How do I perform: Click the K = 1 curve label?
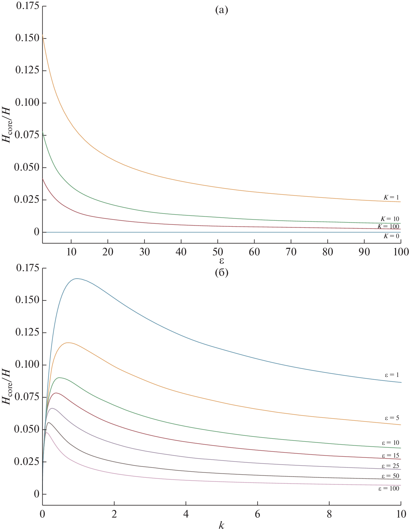click(x=391, y=197)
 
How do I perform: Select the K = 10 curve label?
click(x=390, y=219)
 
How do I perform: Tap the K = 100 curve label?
click(x=388, y=226)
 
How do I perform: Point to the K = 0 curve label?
click(x=391, y=236)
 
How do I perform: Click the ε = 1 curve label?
click(x=392, y=375)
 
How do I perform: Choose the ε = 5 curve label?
click(x=392, y=418)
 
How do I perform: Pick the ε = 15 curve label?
click(x=390, y=455)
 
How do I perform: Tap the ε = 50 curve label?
click(x=390, y=476)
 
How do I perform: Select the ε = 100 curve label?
click(x=389, y=489)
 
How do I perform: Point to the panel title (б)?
click(x=221, y=273)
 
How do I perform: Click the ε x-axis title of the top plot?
click(x=221, y=261)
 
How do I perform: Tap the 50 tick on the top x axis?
click(x=218, y=252)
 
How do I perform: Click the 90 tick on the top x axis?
click(x=364, y=252)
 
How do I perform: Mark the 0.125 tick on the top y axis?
click(x=27, y=70)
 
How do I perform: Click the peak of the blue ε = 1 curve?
click(x=77, y=279)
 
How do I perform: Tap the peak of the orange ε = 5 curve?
click(x=68, y=343)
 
